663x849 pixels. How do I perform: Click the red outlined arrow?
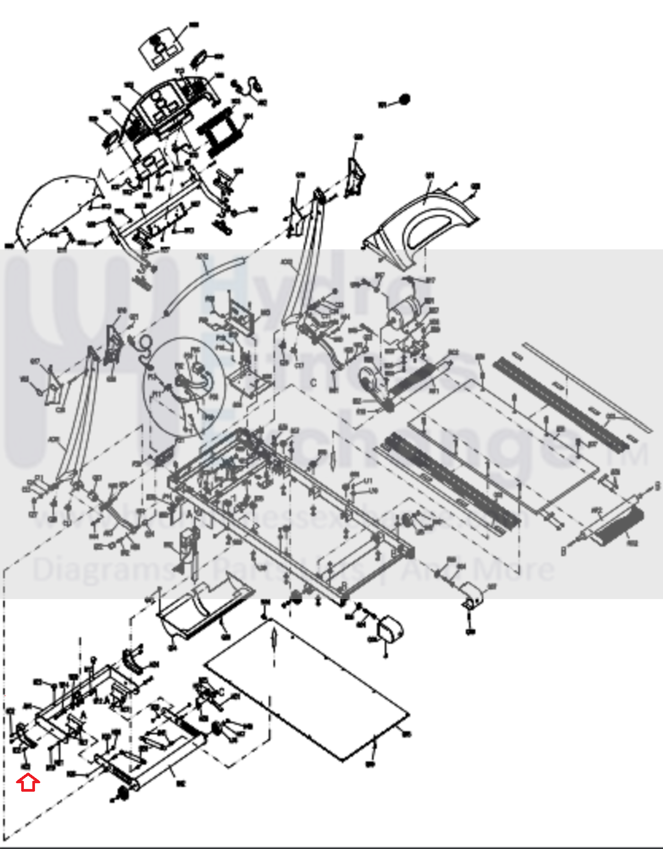(29, 783)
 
